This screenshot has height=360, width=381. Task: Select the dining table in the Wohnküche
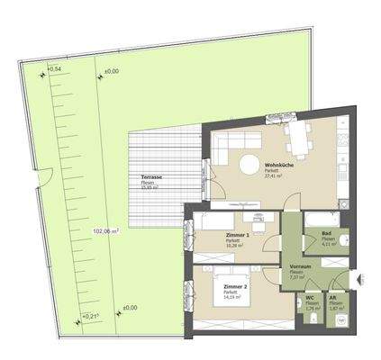295,137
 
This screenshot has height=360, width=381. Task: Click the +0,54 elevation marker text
53,69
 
